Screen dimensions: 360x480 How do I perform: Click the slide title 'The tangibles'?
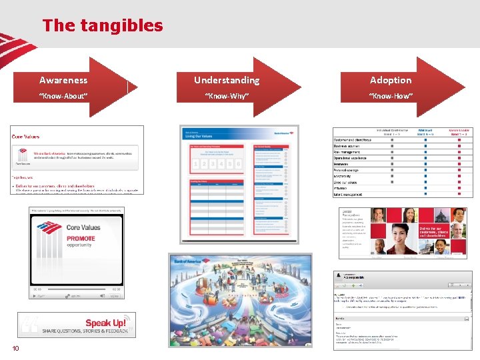pyautogui.click(x=102, y=26)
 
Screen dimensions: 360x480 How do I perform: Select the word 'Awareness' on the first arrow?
pyautogui.click(x=63, y=80)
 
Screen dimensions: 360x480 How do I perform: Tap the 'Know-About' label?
pyautogui.click(x=63, y=96)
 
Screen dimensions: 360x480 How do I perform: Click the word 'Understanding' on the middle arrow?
pyautogui.click(x=227, y=80)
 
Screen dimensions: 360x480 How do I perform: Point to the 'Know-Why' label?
pyautogui.click(x=227, y=96)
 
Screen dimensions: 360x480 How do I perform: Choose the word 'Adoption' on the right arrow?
pyautogui.click(x=391, y=80)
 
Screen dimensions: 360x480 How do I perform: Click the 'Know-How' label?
pyautogui.click(x=391, y=96)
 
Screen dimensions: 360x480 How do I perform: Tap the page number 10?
pyautogui.click(x=15, y=349)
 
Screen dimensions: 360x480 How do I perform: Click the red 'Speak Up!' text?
pyautogui.click(x=105, y=323)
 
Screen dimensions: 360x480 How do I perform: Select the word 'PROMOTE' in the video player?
pyautogui.click(x=81, y=238)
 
